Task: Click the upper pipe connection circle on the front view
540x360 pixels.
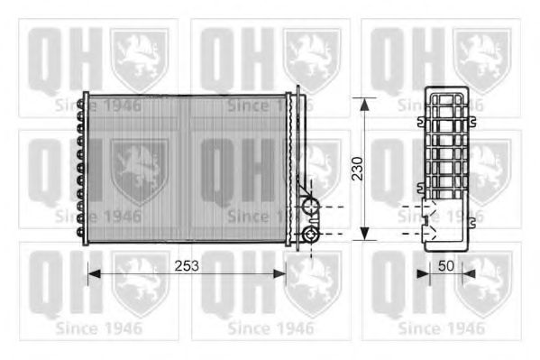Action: (x=311, y=208)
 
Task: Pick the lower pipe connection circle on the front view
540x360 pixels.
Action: (x=311, y=235)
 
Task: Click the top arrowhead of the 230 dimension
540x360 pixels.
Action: (x=364, y=102)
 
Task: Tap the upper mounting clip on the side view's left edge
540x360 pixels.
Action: (x=422, y=121)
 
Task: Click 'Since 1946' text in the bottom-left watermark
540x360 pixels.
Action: (x=97, y=326)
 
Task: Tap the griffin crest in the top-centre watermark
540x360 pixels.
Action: (x=312, y=59)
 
